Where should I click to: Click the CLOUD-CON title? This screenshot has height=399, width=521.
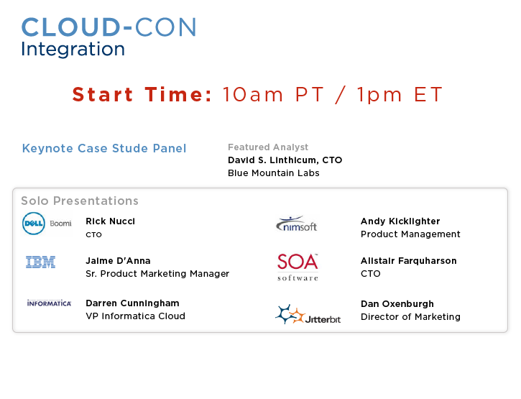[x=109, y=27]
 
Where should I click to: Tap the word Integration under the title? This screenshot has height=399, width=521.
[x=73, y=49]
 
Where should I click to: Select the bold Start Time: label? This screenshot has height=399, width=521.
[x=142, y=94]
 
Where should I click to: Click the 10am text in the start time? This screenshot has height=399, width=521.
[x=253, y=94]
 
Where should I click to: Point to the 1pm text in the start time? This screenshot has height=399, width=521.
[x=379, y=95]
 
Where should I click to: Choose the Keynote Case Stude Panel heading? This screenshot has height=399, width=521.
[x=104, y=148]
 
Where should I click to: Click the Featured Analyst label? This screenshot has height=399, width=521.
[x=268, y=147]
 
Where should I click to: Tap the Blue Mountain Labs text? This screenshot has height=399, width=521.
[x=274, y=173]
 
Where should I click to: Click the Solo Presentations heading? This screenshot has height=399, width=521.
[x=80, y=201]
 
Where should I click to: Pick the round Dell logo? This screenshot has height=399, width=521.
[x=34, y=224]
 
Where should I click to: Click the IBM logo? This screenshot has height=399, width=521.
[x=40, y=262]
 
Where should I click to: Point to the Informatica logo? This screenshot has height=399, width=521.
[x=49, y=303]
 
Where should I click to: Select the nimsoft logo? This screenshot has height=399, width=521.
[x=296, y=224]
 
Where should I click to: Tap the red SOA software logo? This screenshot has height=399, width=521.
[x=298, y=267]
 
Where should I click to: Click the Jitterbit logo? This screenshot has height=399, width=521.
[x=308, y=315]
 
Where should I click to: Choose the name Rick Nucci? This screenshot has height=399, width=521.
[x=111, y=221]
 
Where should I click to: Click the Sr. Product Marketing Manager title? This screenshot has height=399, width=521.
[x=157, y=274]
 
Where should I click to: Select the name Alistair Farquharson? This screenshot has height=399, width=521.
[x=409, y=261]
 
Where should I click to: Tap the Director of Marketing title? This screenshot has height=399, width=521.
[x=410, y=317]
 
